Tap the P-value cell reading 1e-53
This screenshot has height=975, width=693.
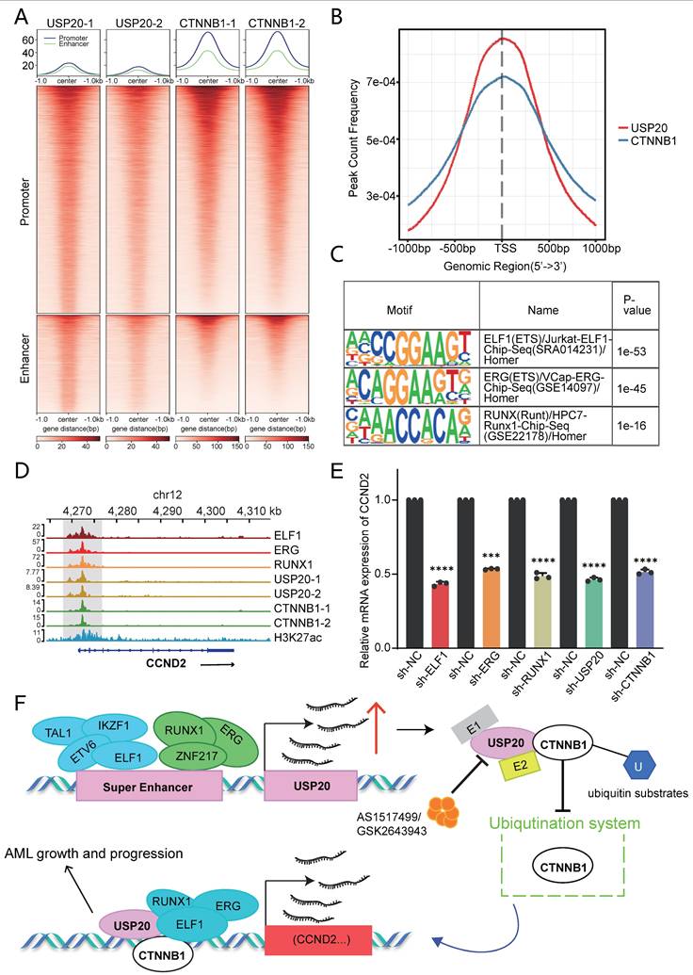[x=634, y=348]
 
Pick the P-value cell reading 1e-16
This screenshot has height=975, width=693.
[x=634, y=426]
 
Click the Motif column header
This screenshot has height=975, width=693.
[x=411, y=309]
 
